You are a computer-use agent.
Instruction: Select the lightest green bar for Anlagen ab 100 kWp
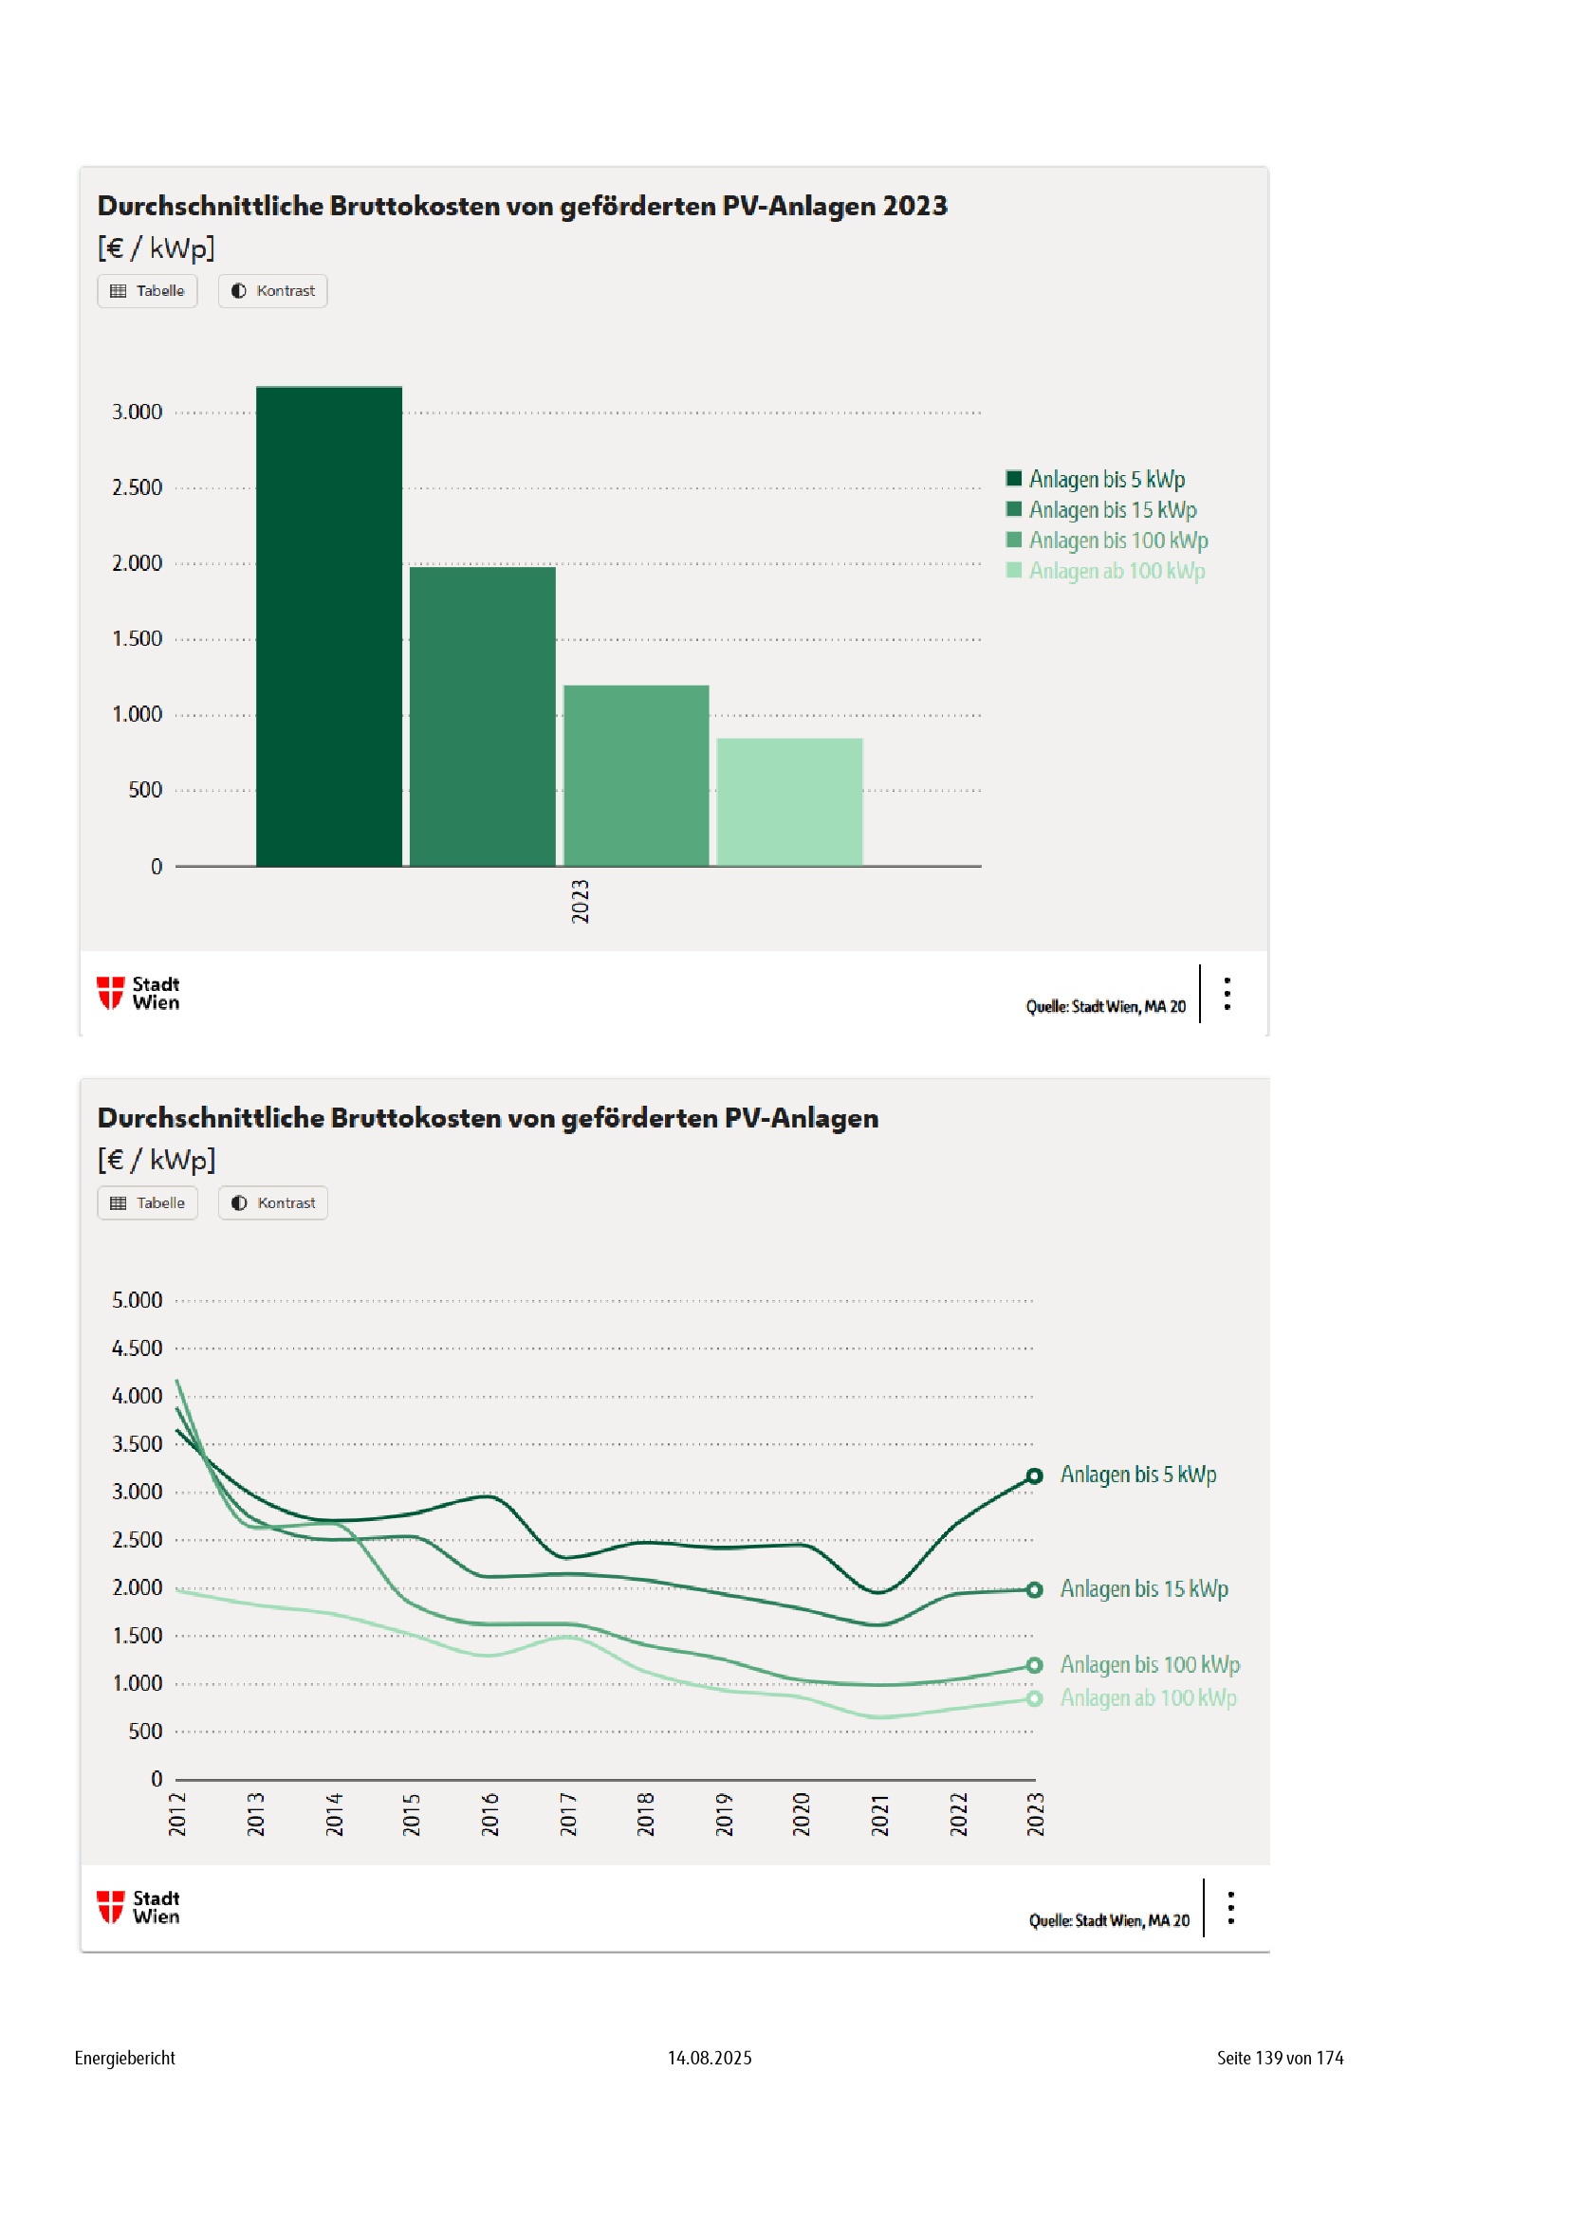[789, 802]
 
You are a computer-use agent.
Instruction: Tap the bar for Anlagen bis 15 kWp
[482, 716]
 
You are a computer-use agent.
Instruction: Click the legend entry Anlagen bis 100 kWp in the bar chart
[1117, 540]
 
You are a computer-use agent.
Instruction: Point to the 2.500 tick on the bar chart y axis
[138, 487]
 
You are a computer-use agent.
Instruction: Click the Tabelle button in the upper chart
[148, 291]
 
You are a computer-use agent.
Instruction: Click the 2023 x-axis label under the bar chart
[580, 900]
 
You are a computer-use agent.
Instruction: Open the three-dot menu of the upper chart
[1227, 993]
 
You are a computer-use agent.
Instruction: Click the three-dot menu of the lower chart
[1230, 1907]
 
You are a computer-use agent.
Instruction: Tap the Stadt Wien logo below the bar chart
[139, 992]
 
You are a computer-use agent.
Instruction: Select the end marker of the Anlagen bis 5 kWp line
[1034, 1476]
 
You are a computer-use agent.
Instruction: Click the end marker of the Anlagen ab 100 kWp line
[1034, 1698]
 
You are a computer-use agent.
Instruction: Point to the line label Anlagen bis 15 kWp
[1144, 1589]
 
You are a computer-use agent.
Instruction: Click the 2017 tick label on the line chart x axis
[568, 1813]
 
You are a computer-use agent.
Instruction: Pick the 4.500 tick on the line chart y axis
[138, 1347]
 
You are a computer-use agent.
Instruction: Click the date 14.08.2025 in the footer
[710, 2058]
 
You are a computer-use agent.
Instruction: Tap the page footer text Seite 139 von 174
[1279, 2058]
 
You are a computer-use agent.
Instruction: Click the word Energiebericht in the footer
[124, 2058]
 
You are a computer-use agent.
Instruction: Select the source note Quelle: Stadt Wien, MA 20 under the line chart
[1108, 1920]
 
